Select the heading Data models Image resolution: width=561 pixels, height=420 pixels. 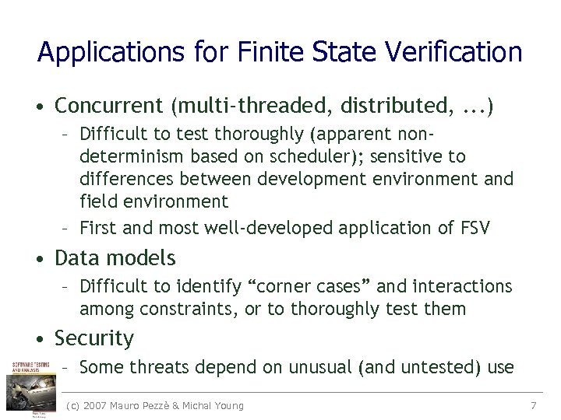pyautogui.click(x=115, y=258)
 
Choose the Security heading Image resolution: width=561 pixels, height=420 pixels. pyautogui.click(x=94, y=338)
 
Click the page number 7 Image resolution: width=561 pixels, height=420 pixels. pyautogui.click(x=534, y=405)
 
